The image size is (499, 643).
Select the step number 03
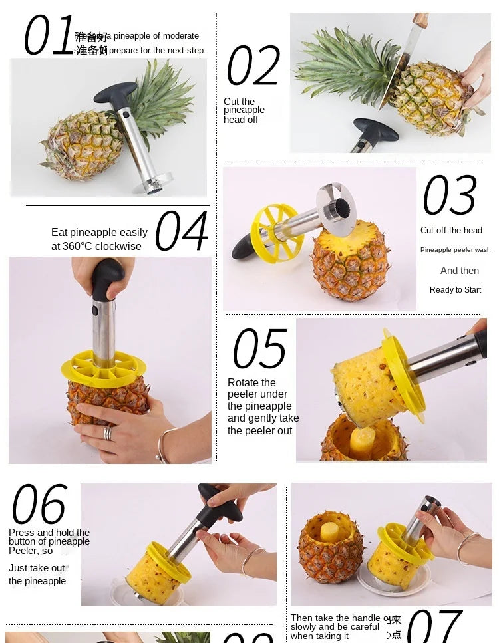pos(450,195)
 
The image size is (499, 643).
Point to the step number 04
pos(181,231)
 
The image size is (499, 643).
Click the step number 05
pos(259,348)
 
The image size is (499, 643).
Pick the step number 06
pos(39,505)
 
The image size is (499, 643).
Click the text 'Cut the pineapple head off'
pos(244,110)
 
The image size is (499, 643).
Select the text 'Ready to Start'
pos(455,290)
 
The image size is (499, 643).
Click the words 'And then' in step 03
pos(459,271)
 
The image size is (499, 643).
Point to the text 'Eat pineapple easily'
pos(99,233)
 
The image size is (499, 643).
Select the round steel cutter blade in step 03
pos(336,209)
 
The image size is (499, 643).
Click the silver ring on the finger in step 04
pos(108,433)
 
